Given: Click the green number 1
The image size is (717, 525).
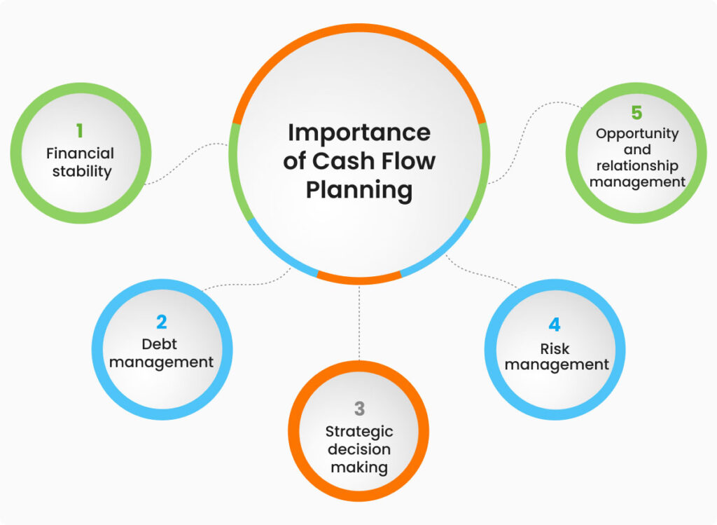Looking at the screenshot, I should click(80, 130).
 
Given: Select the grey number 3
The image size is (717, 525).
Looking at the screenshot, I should click(359, 408).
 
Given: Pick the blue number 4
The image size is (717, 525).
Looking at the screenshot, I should click(555, 325).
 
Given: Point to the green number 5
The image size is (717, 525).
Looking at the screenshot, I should click(636, 113).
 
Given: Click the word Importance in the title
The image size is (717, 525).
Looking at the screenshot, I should click(359, 132).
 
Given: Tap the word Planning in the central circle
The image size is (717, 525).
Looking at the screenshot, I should click(359, 189).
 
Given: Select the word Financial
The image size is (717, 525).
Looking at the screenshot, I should click(81, 153).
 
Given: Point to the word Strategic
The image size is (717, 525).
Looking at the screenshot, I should click(359, 431).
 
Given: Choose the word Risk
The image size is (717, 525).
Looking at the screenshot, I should click(555, 348).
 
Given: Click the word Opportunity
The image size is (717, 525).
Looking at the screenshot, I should click(637, 133).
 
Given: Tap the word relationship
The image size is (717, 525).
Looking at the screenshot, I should click(637, 166).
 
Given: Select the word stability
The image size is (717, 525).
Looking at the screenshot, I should click(81, 171).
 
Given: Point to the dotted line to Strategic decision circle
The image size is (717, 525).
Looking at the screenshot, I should click(359, 322).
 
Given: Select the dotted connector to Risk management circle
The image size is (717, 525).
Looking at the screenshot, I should click(483, 275).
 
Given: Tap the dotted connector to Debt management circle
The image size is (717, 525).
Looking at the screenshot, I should click(245, 283).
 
